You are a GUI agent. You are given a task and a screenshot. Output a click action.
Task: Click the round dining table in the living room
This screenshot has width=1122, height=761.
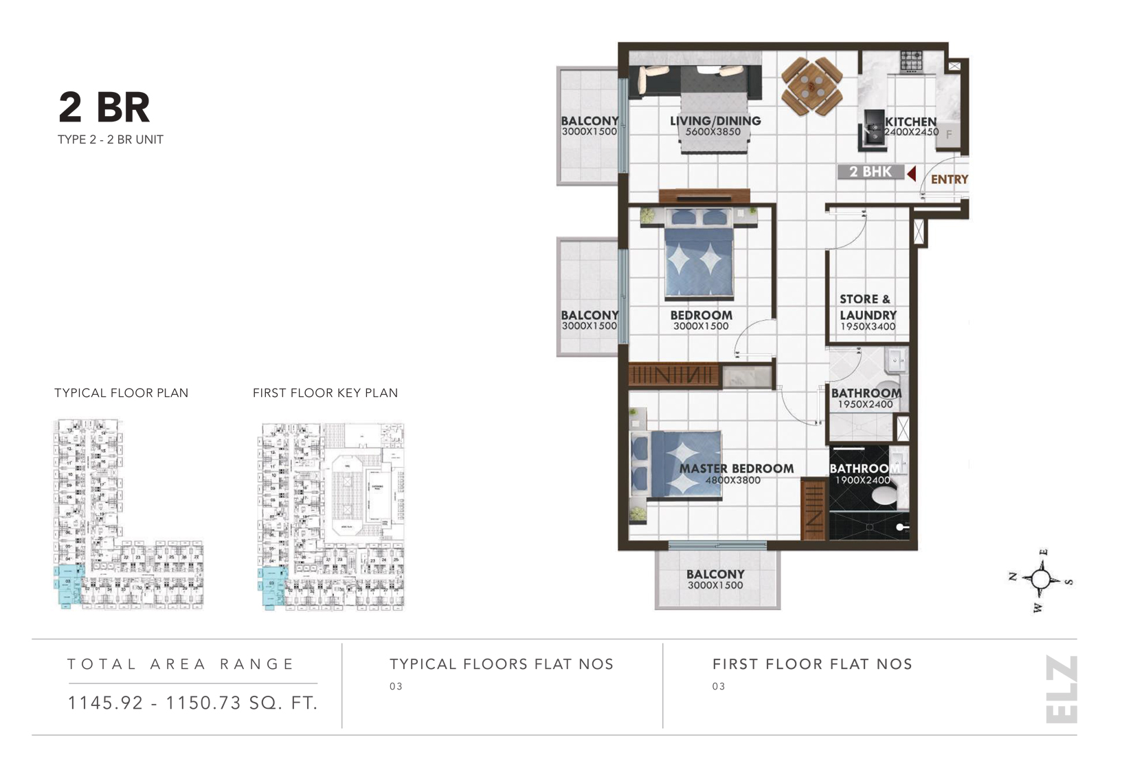[811, 87]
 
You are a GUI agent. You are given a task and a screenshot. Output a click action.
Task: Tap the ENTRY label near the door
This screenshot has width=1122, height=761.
[949, 179]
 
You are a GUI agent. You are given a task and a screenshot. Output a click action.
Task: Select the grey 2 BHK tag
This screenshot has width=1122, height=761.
[870, 172]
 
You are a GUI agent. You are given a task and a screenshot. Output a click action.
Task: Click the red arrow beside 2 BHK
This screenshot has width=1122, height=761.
[911, 173]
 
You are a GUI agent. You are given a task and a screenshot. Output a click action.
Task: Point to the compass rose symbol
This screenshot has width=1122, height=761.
[1041, 580]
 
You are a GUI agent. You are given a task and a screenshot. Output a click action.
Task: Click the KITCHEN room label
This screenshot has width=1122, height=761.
[910, 121]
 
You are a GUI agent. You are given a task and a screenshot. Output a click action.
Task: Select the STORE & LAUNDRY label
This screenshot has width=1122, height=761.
[867, 307]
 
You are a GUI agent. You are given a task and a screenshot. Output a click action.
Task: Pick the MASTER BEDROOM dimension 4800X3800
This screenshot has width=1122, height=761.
[732, 480]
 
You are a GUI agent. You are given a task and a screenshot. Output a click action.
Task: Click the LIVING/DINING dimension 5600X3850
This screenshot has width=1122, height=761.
[713, 132]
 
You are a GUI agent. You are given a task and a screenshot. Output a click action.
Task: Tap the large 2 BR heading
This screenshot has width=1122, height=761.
[104, 107]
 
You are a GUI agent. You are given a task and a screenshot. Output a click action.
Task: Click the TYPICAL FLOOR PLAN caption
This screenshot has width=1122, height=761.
[121, 393]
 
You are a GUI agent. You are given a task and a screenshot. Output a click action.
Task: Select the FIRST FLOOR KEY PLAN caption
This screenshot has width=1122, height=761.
[325, 393]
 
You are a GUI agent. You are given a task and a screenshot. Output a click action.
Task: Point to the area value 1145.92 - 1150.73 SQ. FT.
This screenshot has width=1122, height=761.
[192, 703]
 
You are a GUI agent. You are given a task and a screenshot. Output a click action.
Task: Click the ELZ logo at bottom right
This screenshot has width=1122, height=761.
[1061, 689]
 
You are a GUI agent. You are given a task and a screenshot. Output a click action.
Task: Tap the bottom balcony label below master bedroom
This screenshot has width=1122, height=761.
[715, 574]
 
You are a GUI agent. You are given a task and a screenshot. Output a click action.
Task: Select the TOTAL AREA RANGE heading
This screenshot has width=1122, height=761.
[181, 664]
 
